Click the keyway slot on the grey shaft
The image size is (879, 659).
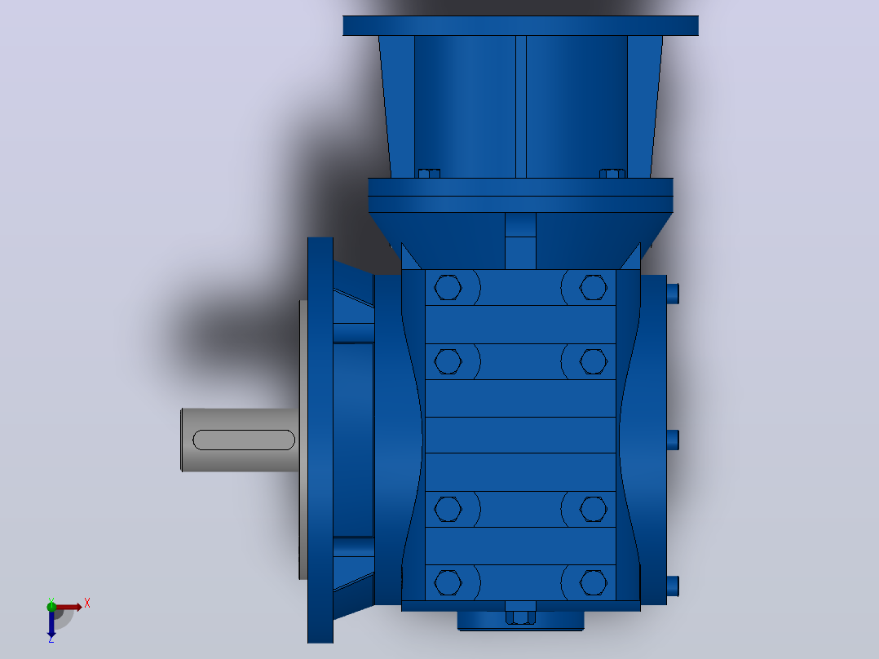[x=244, y=440]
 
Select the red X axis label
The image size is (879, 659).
[x=87, y=604]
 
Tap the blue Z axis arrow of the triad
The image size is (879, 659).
[x=51, y=625]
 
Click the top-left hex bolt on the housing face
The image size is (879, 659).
[x=448, y=288]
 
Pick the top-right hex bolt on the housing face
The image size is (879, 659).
[x=593, y=288]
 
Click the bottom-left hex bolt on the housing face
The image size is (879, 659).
[x=448, y=582]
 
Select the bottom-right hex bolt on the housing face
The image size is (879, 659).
[x=593, y=582]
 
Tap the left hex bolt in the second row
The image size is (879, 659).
[x=448, y=361]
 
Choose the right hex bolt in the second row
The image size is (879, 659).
[x=593, y=361]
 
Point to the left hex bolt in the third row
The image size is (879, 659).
[x=448, y=509]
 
